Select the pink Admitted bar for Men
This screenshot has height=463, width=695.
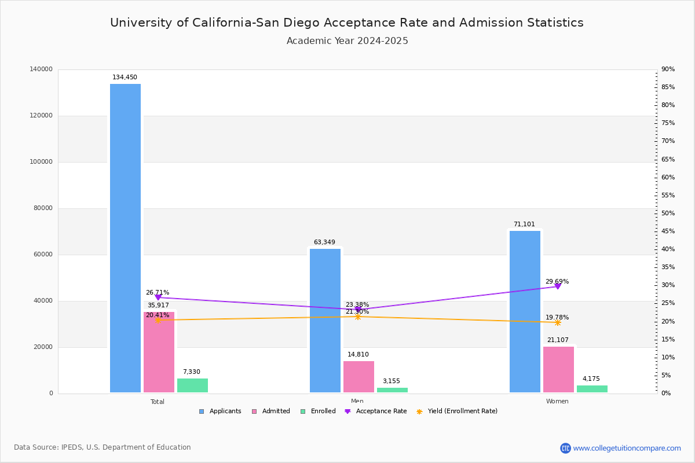359,377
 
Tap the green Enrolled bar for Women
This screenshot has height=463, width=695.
592,389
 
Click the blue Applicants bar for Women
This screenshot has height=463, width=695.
525,312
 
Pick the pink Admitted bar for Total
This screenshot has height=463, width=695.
159,352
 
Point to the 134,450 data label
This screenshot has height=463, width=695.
125,78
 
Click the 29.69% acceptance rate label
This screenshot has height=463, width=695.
557,282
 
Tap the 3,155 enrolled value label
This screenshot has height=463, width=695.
392,381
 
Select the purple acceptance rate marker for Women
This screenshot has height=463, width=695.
558,286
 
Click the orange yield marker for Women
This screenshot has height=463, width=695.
558,322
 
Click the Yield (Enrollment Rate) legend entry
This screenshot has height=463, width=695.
462,411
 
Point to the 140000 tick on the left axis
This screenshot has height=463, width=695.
41,69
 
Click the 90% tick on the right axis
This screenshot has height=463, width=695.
668,69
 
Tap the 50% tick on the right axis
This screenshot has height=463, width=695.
668,214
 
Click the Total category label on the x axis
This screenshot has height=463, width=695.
158,402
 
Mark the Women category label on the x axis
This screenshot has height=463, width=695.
557,402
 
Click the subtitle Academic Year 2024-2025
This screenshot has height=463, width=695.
348,41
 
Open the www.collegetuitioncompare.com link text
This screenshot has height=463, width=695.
627,448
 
